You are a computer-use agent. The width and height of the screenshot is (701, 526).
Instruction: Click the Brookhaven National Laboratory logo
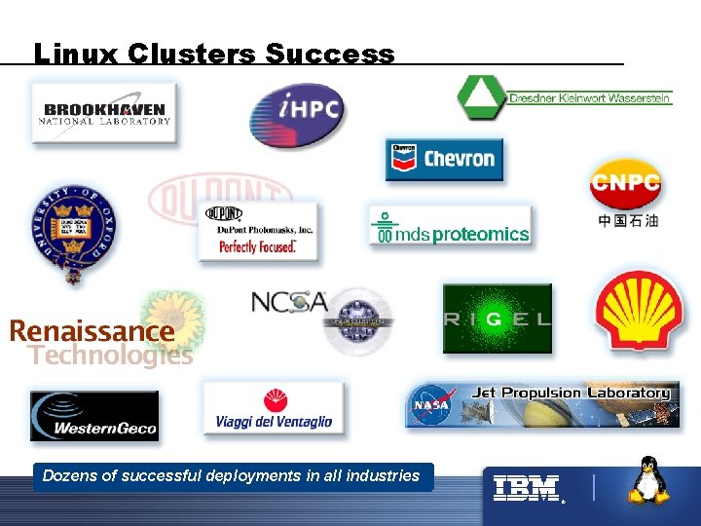(104, 113)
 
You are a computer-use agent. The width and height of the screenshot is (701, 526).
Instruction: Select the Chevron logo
(444, 159)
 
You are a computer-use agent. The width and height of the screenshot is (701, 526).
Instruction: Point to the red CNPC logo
(626, 183)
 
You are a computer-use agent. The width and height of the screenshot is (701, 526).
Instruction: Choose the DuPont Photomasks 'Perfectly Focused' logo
(258, 231)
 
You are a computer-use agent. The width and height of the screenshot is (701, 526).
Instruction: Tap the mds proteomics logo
(450, 228)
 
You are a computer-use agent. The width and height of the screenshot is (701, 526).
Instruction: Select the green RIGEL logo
(497, 319)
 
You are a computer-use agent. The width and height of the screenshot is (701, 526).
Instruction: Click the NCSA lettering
(289, 302)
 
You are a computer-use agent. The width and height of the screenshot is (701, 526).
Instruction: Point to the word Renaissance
(92, 331)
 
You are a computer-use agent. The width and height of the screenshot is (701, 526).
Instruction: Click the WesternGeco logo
(93, 416)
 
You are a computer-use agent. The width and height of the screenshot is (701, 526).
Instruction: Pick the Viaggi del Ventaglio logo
(274, 409)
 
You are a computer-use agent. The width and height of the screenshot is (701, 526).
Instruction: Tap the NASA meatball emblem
(431, 404)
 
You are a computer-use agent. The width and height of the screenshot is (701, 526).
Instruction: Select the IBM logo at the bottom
(526, 487)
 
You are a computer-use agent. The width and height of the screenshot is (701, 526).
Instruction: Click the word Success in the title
(330, 54)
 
